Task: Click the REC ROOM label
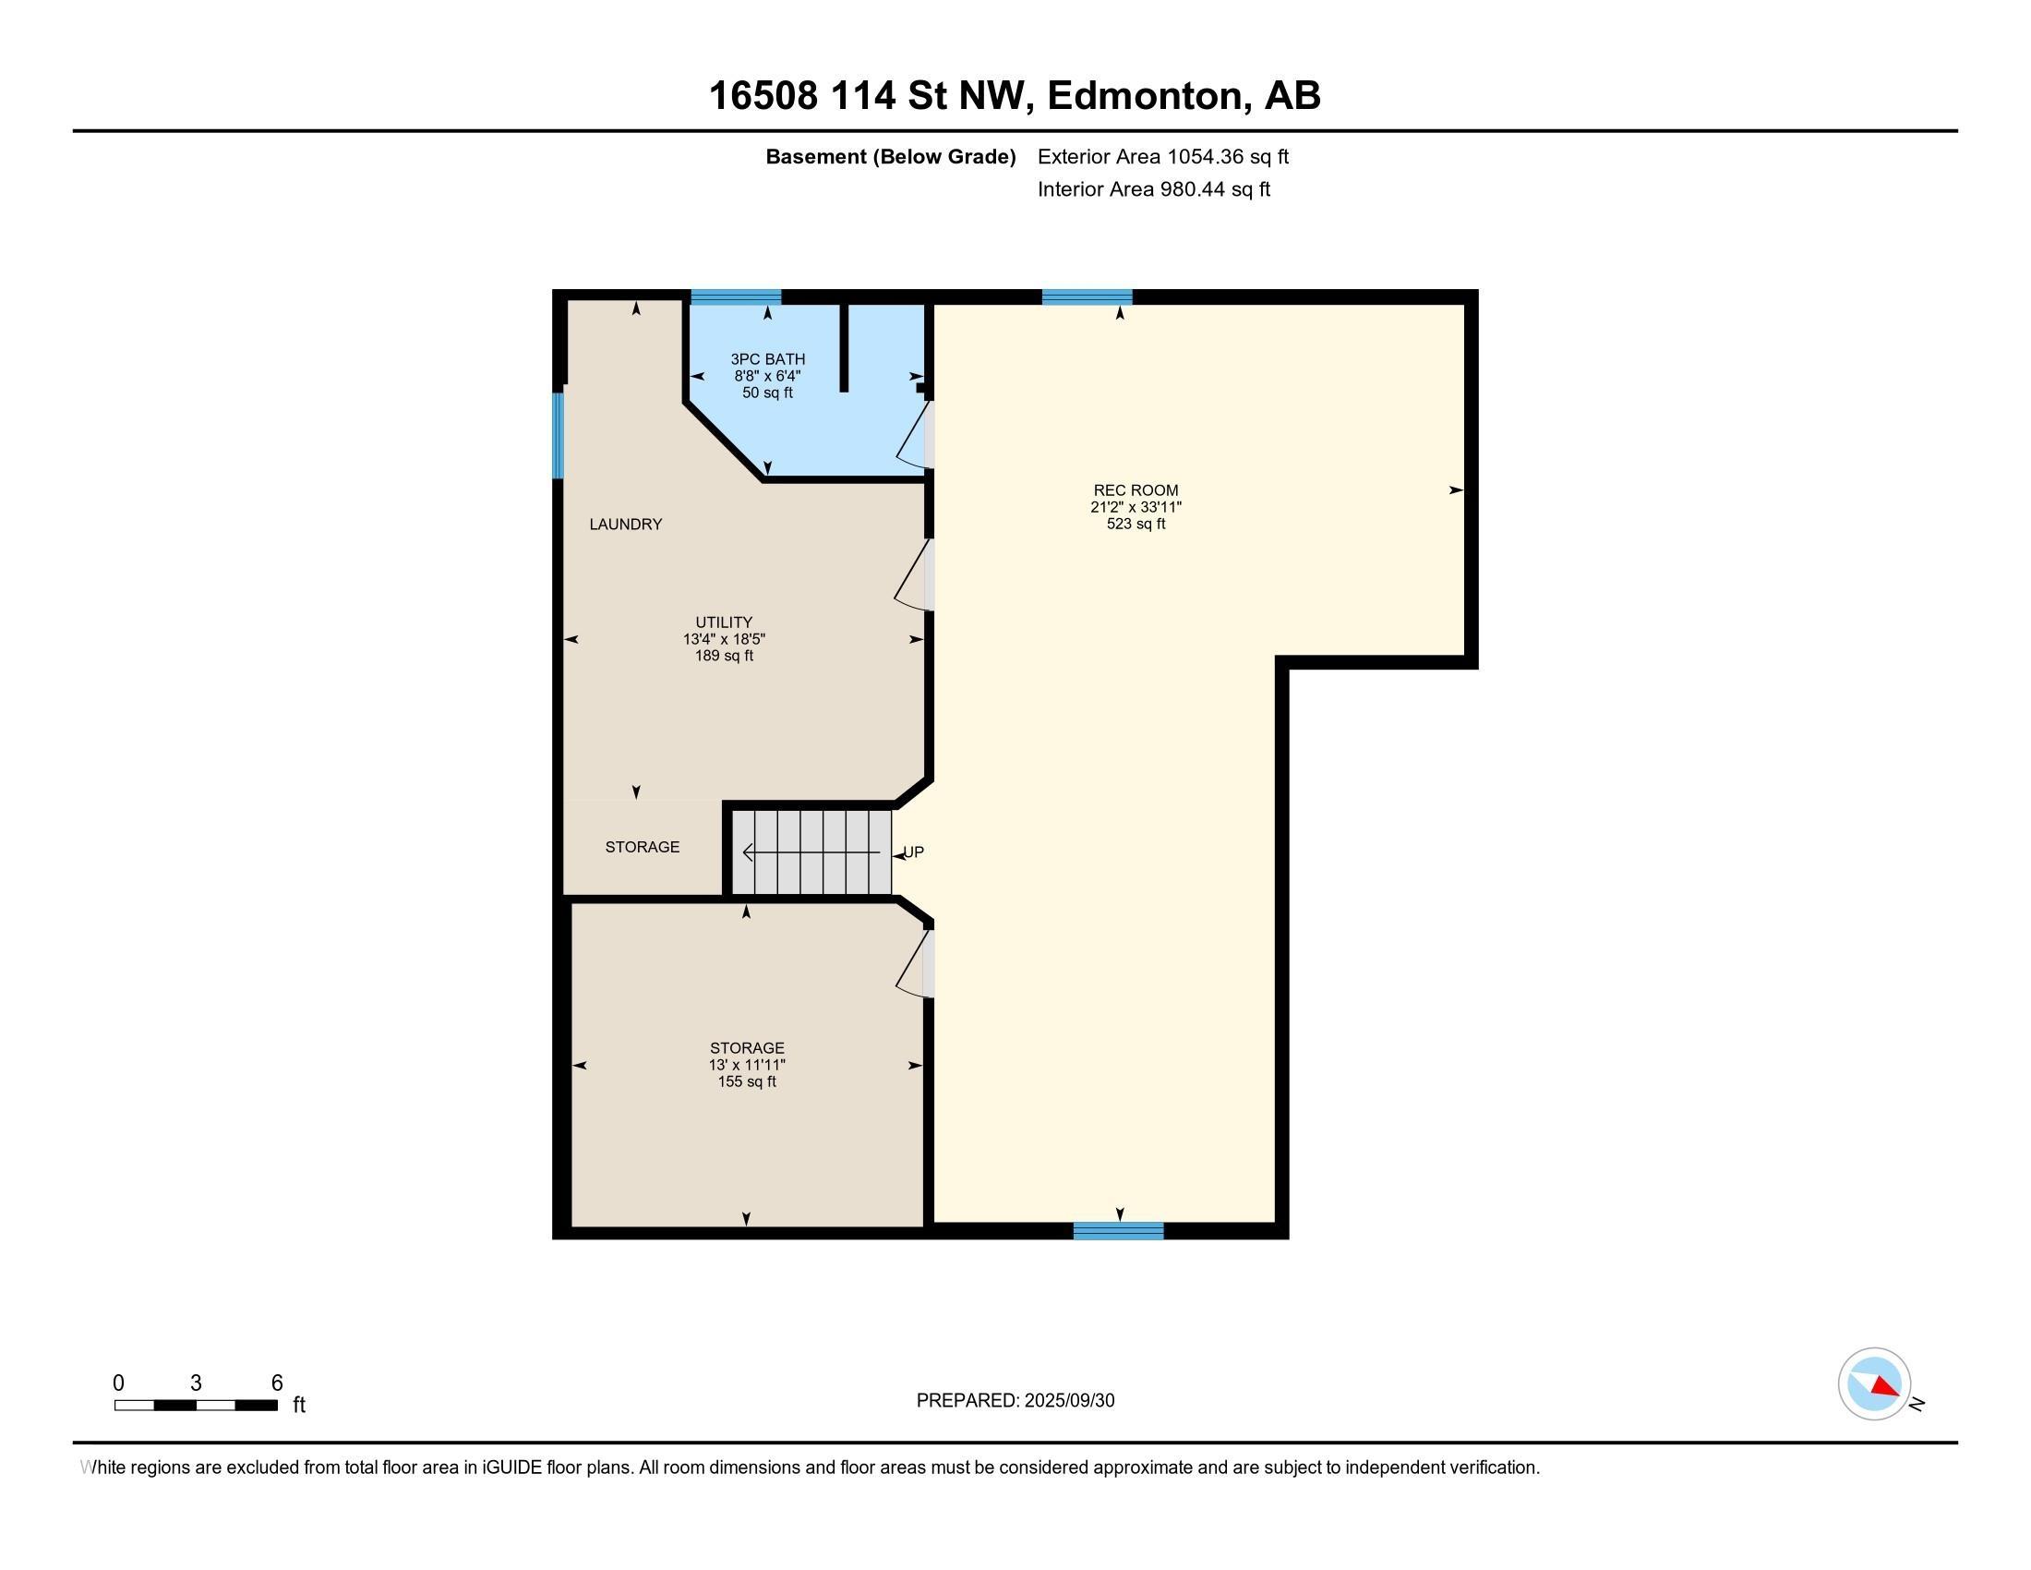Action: tap(1136, 490)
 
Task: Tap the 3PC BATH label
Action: tap(767, 359)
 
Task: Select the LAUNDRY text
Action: tap(626, 525)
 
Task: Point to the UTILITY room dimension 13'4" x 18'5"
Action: tap(724, 640)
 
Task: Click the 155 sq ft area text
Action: tap(747, 1081)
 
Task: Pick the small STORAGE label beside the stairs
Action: tap(642, 846)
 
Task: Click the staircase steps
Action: tap(811, 852)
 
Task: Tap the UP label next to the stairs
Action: tap(914, 852)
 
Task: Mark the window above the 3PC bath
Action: tap(736, 297)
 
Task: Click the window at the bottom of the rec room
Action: tap(1118, 1230)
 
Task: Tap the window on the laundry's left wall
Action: tap(558, 435)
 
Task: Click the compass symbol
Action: tap(1874, 1384)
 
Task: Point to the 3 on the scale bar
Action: tap(197, 1383)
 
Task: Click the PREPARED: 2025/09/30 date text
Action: tap(1015, 1401)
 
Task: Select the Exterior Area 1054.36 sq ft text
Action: tap(1162, 157)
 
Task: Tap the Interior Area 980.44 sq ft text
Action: tap(1153, 189)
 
